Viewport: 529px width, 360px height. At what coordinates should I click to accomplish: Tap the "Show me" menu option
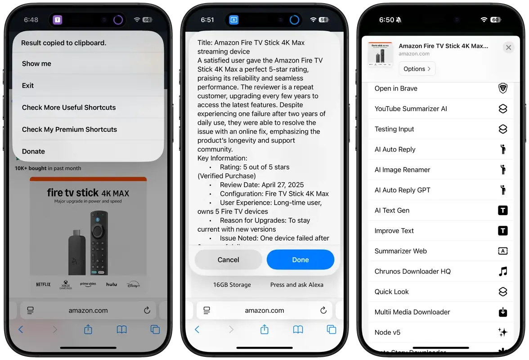coord(36,63)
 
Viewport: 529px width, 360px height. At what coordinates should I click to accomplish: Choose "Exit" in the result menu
coord(28,85)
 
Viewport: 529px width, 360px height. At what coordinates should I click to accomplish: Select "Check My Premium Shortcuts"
coord(69,129)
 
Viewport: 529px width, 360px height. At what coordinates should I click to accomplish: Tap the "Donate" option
coord(34,151)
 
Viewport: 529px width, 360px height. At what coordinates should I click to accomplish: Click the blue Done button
coord(300,260)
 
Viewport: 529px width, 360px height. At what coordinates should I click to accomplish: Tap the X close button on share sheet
coord(508,47)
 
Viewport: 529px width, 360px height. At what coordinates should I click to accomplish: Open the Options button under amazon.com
coord(417,69)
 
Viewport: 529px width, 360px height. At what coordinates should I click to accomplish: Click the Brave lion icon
coord(502,88)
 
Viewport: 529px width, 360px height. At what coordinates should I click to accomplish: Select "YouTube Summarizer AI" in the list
coord(411,108)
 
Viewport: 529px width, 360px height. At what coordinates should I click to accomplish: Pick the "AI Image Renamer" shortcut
coord(402,170)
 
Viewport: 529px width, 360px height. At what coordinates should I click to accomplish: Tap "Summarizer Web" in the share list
coord(400,251)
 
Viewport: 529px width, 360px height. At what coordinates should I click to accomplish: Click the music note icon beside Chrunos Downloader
coord(502,271)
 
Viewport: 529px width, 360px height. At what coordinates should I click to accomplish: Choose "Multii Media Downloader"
coord(412,312)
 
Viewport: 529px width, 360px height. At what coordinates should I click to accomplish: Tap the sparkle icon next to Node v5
coord(502,332)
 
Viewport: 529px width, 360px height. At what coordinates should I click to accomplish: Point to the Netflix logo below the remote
coord(43,284)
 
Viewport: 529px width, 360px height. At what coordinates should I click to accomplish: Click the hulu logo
coord(111,284)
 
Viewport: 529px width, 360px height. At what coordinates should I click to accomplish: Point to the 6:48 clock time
coord(31,20)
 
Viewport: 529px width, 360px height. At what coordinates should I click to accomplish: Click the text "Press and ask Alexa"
coord(296,284)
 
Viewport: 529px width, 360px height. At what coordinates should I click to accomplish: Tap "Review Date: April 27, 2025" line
coord(262,184)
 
